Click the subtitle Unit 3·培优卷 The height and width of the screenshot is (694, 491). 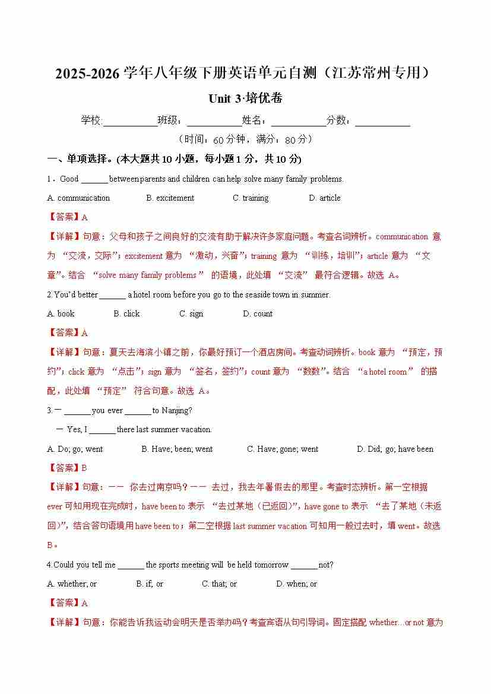245,98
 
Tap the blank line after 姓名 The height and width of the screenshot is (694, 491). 299,121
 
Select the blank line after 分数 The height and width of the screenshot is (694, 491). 382,121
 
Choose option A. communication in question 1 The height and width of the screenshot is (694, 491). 78,198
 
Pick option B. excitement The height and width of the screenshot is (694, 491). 170,198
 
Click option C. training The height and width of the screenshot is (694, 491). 250,198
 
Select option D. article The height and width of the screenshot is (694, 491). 324,198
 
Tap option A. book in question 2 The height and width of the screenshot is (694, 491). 61,314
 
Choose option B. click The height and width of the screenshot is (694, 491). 126,314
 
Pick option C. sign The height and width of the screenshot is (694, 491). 191,314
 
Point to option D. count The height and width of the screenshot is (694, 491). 257,314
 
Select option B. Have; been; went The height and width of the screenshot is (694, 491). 177,449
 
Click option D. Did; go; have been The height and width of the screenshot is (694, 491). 395,449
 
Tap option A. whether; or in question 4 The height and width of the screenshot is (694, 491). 72,584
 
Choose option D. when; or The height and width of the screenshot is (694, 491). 296,584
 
